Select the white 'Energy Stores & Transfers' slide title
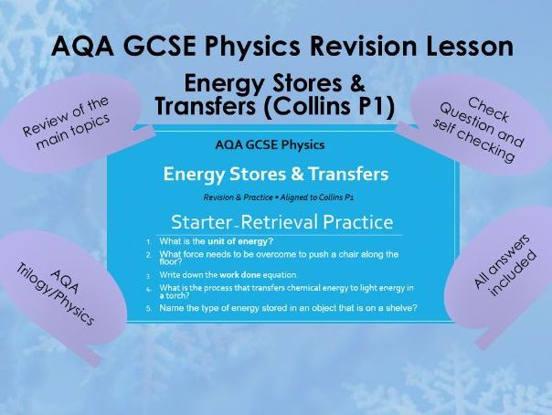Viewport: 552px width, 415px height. [x=276, y=174]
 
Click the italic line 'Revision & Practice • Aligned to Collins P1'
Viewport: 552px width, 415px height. [x=275, y=197]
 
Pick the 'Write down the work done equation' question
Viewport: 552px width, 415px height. [x=224, y=275]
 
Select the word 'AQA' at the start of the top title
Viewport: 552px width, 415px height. [x=79, y=46]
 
